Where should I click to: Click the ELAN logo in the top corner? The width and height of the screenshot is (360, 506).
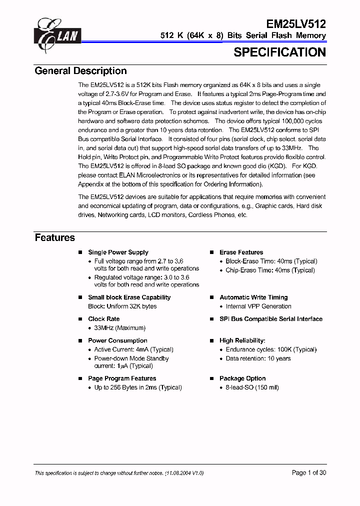56,34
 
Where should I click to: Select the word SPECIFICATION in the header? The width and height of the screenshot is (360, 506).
279,52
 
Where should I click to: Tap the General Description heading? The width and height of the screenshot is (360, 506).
80,71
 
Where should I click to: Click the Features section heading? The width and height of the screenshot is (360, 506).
54,238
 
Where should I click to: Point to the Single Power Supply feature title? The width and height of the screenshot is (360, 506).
118,252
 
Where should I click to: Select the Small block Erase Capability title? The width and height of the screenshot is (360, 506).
129,297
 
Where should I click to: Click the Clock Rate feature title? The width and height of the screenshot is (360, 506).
103,319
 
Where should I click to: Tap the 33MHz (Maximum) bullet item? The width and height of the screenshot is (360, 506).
119,328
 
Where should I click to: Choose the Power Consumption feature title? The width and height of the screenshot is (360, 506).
114,340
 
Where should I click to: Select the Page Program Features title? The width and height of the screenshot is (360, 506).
122,378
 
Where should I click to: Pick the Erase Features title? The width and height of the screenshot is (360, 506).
241,252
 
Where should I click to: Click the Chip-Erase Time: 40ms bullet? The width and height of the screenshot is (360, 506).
270,270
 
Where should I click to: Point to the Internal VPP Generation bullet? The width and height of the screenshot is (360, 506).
258,306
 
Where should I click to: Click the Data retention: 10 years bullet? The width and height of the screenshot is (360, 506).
258,358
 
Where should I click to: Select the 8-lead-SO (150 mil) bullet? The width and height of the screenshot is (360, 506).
252,387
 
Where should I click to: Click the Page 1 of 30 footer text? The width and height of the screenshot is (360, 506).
308,473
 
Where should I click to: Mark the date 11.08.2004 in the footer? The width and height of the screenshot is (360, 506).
181,473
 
